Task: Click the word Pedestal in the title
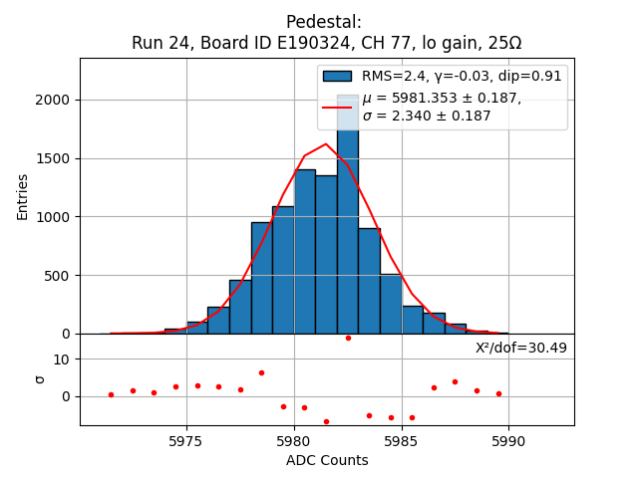(324, 22)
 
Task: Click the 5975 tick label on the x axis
(186, 441)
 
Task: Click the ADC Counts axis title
(327, 460)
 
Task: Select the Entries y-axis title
(23, 196)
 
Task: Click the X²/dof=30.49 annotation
(521, 348)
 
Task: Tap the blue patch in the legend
(337, 76)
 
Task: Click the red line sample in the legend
(337, 107)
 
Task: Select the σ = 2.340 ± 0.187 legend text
(427, 117)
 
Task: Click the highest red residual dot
(348, 338)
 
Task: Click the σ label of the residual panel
(41, 378)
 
